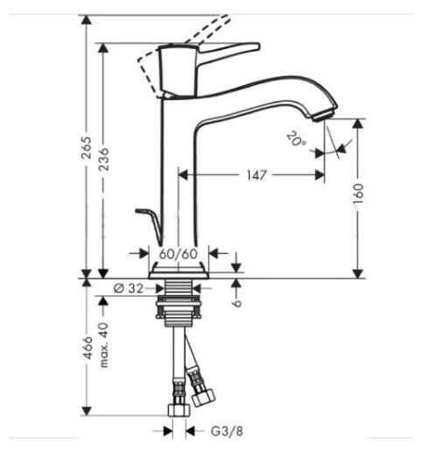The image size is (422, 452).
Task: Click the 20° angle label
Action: coord(295,139)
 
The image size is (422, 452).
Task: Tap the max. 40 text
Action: coord(104,344)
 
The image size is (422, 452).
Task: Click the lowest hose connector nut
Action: coord(176,410)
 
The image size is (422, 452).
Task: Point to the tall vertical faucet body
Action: coord(179,166)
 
